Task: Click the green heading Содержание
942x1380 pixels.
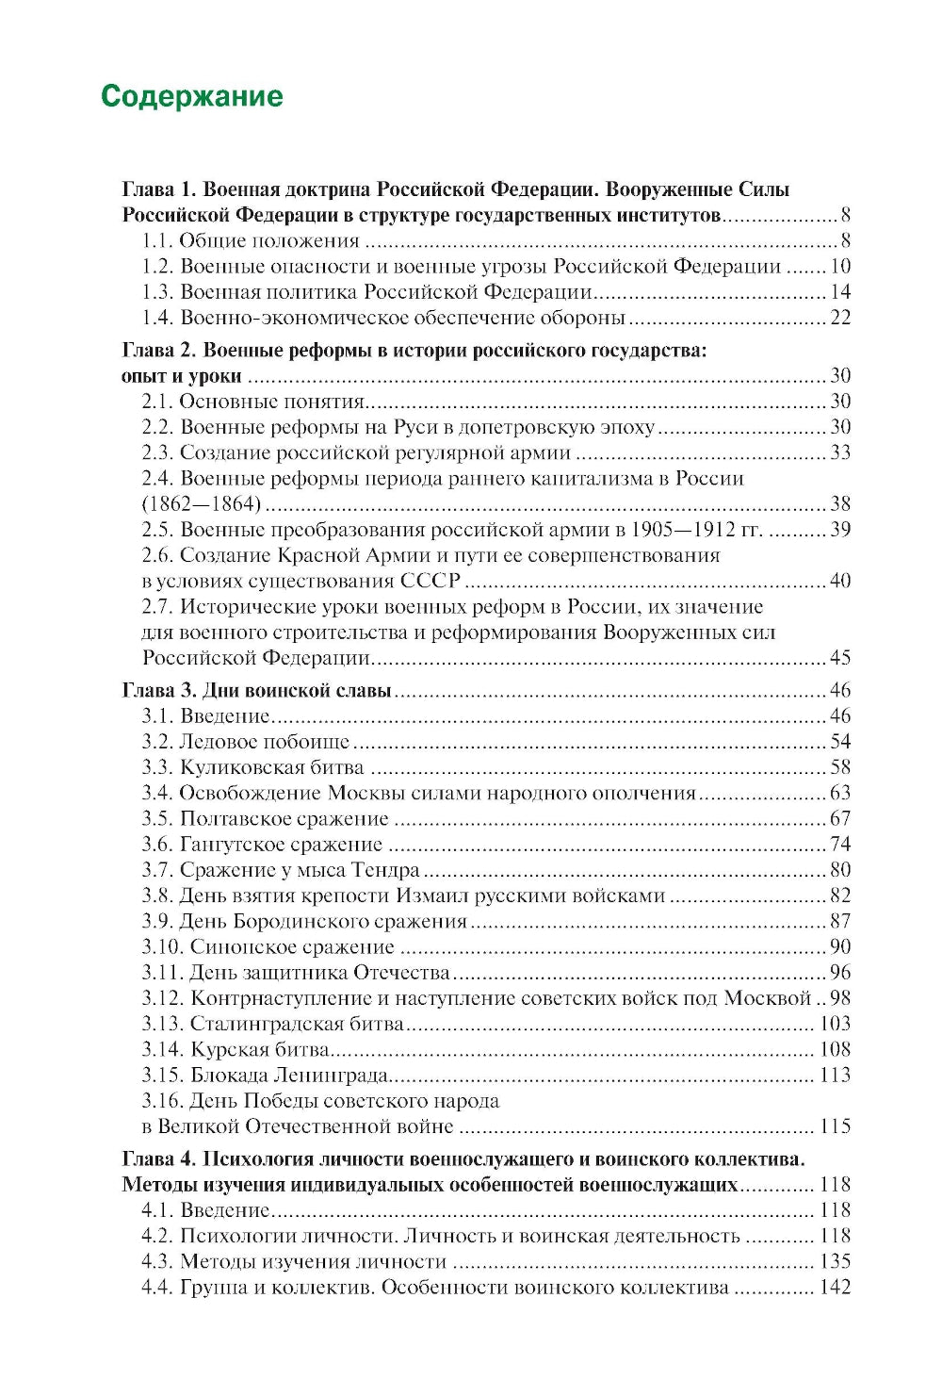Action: tap(191, 96)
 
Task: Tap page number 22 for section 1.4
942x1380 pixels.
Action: tap(839, 318)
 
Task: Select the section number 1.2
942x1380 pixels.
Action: tap(157, 267)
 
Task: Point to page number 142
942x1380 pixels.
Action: tap(835, 1287)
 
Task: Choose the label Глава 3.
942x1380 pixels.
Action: tap(158, 691)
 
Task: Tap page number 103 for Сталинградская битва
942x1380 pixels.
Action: tap(835, 1024)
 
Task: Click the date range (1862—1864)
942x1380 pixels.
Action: tap(202, 504)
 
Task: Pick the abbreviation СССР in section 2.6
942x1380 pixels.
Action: tap(430, 581)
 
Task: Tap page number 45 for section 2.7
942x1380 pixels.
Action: tap(839, 657)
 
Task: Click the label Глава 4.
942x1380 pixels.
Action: tap(158, 1159)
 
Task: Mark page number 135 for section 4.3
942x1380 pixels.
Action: tap(835, 1261)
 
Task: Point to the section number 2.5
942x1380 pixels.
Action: tap(157, 530)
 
